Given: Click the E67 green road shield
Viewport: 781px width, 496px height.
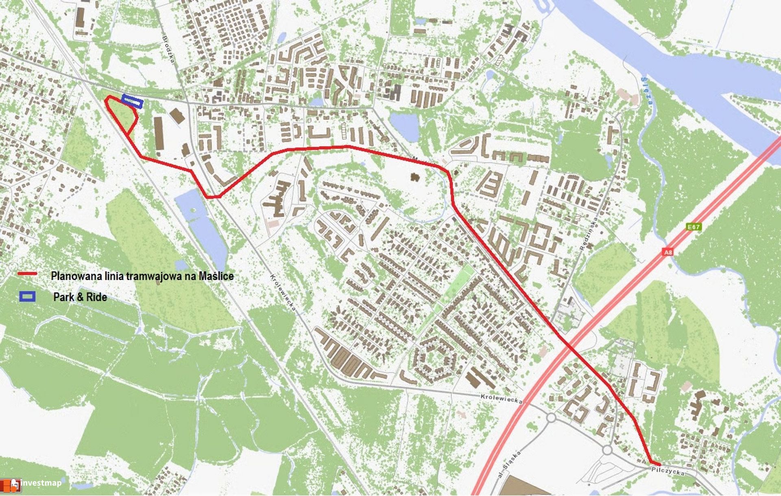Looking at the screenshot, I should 694,227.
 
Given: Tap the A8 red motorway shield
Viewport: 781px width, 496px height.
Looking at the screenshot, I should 668,252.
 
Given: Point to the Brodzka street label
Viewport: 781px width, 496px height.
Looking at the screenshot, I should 168,49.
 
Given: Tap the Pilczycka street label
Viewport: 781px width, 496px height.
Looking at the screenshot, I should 668,472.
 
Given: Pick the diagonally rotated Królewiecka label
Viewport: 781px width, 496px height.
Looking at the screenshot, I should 284,292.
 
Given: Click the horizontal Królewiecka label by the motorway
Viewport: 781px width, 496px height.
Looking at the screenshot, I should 501,398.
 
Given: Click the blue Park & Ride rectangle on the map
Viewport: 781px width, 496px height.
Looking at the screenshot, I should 132,101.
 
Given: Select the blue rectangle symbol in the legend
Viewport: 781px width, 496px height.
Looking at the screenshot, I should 27,296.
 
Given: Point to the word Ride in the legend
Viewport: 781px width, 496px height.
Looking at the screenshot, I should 96,297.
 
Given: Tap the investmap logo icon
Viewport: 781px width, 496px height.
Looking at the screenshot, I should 11,485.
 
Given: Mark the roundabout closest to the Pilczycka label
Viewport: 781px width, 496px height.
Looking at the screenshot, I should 607,450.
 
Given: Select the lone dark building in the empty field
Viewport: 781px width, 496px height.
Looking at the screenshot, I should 415,177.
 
